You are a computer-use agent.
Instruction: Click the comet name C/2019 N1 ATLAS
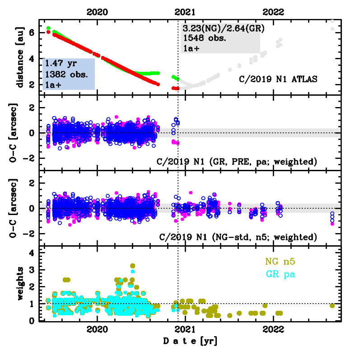(x=279, y=79)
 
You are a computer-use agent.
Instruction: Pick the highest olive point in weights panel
(x=132, y=266)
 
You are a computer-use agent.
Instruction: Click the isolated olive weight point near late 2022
(x=332, y=306)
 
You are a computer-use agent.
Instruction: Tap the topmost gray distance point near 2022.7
(x=333, y=21)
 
